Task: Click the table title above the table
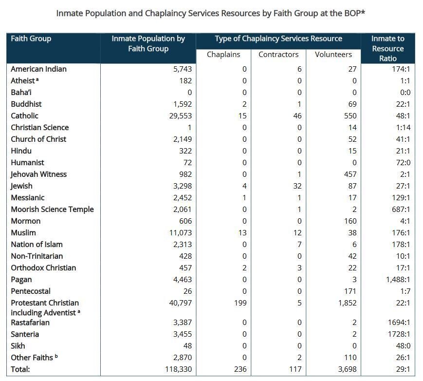[211, 13]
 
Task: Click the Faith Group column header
[31, 38]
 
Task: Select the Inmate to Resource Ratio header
[387, 48]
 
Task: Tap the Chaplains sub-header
[223, 55]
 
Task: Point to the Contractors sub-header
[278, 55]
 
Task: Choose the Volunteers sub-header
[333, 55]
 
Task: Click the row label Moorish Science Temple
[52, 210]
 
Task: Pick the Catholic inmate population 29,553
[179, 116]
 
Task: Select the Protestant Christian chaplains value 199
[239, 303]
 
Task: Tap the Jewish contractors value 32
[297, 186]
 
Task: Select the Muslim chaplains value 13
[242, 233]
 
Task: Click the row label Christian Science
[40, 128]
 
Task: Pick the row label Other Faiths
[32, 358]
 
